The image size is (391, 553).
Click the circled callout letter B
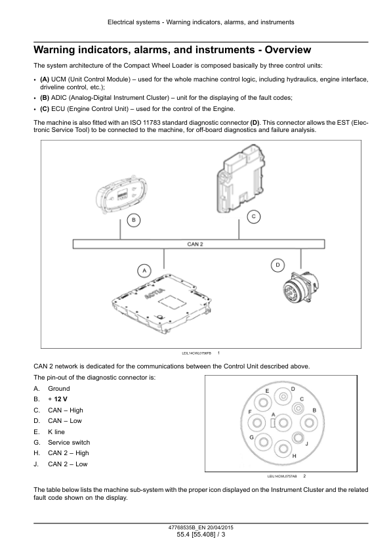coord(133,221)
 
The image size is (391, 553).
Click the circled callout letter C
coord(254,217)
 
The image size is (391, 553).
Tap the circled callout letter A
coord(144,271)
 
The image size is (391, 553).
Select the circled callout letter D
coord(278,265)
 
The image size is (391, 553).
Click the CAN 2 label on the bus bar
coord(195,244)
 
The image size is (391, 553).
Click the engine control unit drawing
coord(241,179)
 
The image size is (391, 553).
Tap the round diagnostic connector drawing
coord(300,289)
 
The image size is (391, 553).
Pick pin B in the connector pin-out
coord(309,423)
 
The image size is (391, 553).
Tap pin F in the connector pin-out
coord(257,423)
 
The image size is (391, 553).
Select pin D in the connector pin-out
coord(283,397)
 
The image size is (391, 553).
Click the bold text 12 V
coord(60,399)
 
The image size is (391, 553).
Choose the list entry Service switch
coord(69,442)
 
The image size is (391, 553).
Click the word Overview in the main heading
coord(288,50)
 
